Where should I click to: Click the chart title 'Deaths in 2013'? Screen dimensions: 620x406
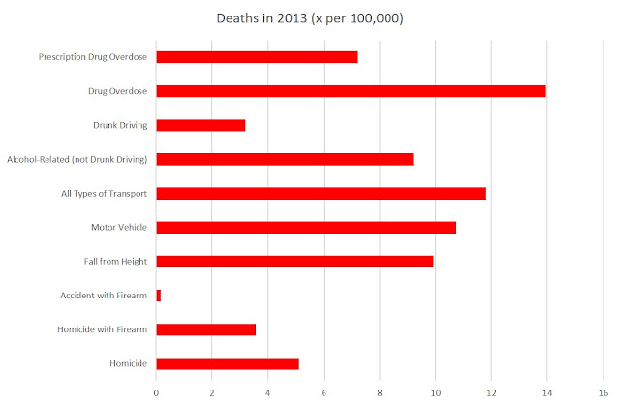pyautogui.click(x=262, y=18)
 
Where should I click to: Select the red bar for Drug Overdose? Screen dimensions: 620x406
pyautogui.click(x=351, y=91)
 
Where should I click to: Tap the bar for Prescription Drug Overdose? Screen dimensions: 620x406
pyautogui.click(x=257, y=57)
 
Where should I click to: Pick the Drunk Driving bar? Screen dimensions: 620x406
pyautogui.click(x=201, y=125)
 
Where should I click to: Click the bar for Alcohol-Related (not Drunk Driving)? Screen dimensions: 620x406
pyautogui.click(x=285, y=159)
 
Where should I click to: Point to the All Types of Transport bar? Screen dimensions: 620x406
pyautogui.click(x=321, y=194)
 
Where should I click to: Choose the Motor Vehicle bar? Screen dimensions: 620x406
pyautogui.click(x=306, y=228)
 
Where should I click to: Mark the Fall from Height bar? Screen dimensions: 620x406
pyautogui.click(x=294, y=262)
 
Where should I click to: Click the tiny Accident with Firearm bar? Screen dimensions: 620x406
pyautogui.click(x=159, y=296)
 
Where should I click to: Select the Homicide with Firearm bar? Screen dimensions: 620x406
pyautogui.click(x=206, y=329)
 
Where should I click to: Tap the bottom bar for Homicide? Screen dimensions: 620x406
pyautogui.click(x=228, y=363)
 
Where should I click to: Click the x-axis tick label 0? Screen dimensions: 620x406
pyautogui.click(x=156, y=393)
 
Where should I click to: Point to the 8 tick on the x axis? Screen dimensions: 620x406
pyautogui.click(x=380, y=393)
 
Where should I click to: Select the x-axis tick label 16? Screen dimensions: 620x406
pyautogui.click(x=604, y=393)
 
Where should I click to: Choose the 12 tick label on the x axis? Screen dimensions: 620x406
pyautogui.click(x=491, y=393)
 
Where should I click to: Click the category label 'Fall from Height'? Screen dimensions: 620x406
pyautogui.click(x=115, y=262)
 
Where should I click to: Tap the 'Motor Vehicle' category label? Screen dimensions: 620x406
pyautogui.click(x=119, y=228)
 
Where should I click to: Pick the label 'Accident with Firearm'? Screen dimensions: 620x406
pyautogui.click(x=104, y=296)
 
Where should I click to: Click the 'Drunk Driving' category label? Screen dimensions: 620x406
pyautogui.click(x=120, y=125)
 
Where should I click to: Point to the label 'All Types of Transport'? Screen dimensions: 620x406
pyautogui.click(x=104, y=194)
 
